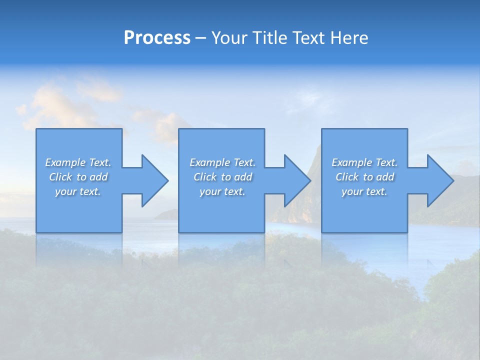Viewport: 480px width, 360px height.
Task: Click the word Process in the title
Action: point(157,38)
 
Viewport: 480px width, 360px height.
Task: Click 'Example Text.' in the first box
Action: point(78,162)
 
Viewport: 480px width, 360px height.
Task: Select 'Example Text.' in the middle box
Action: point(222,162)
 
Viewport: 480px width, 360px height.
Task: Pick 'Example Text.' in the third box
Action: point(364,162)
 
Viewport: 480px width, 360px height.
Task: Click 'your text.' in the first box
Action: point(78,191)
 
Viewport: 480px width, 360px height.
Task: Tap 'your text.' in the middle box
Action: point(222,191)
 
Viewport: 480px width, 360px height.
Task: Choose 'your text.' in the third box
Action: point(364,191)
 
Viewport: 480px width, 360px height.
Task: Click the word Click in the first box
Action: point(61,177)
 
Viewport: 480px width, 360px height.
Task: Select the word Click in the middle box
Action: point(205,177)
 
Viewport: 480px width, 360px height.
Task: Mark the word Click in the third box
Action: point(347,177)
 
